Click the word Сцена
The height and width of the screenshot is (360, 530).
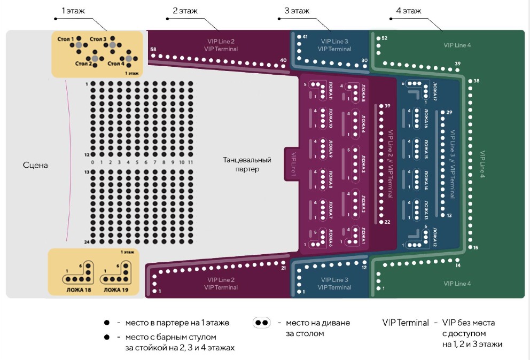35,166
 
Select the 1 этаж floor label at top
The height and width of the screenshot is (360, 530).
73,11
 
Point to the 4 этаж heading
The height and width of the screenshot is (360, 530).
409,11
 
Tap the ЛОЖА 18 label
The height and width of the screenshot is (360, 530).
77,290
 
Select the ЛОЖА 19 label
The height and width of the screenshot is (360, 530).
116,290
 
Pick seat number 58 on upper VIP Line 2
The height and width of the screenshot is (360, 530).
153,50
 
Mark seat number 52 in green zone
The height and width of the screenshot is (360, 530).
384,38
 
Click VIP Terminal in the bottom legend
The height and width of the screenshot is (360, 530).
405,323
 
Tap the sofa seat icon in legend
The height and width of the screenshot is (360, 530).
262,323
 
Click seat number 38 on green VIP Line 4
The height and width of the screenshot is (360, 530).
476,81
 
